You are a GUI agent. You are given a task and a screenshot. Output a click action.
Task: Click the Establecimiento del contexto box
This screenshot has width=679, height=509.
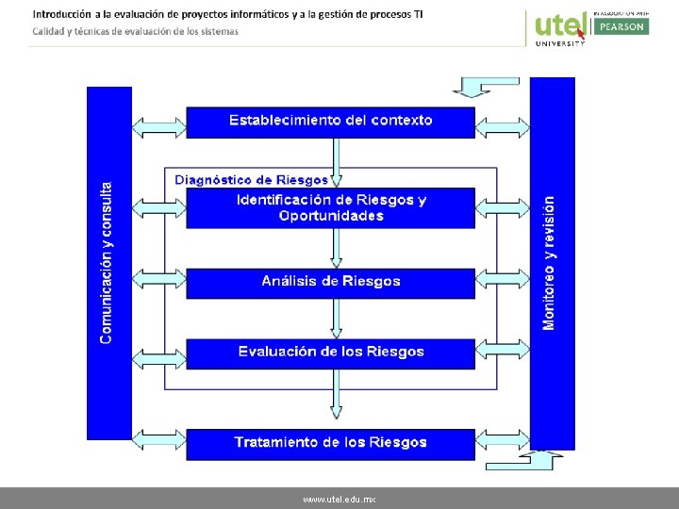click(x=330, y=122)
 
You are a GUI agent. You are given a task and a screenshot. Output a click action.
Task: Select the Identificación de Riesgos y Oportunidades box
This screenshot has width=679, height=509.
click(x=330, y=207)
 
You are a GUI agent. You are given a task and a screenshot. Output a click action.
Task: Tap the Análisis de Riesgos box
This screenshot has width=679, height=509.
click(x=330, y=282)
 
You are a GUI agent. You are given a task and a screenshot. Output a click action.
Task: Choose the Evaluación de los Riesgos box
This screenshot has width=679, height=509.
click(x=330, y=353)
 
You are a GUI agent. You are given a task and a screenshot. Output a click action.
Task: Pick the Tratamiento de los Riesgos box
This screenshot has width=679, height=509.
click(x=330, y=443)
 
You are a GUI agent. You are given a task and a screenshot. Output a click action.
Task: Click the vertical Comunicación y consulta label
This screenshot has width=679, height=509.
click(x=108, y=262)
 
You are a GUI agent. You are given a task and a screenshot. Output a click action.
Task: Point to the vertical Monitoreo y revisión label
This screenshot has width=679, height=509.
click(x=550, y=262)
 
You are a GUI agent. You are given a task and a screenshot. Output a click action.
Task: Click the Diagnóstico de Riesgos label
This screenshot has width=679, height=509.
click(x=252, y=179)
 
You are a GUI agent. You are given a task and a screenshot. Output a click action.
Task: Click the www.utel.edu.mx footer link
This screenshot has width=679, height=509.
click(x=339, y=498)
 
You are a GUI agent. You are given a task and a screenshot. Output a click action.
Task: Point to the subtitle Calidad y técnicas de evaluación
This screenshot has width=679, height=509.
click(x=136, y=31)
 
